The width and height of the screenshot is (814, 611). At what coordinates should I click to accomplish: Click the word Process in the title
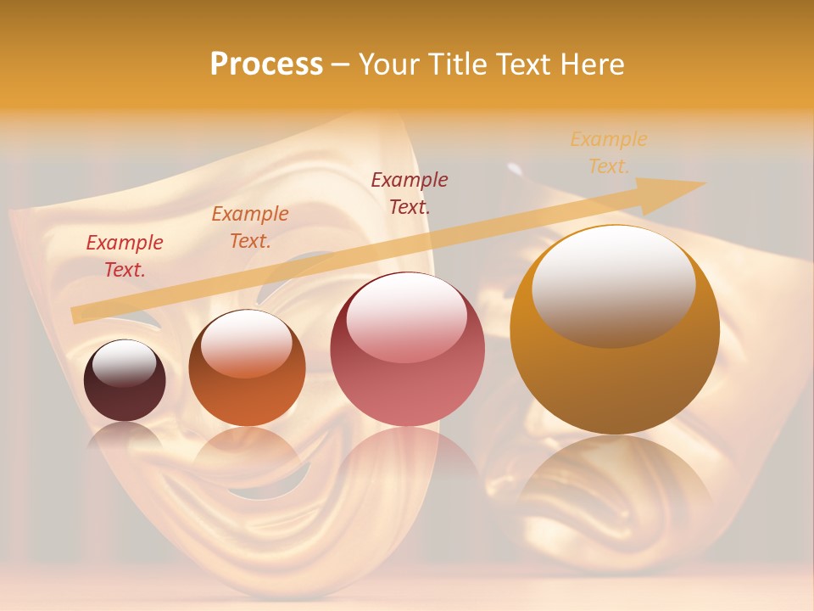266,64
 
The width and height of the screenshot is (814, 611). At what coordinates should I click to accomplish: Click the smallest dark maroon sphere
125,381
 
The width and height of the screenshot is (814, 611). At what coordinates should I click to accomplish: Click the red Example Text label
125,255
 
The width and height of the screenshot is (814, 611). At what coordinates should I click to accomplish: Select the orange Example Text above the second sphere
250,227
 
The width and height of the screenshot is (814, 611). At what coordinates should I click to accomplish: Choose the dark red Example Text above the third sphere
410,193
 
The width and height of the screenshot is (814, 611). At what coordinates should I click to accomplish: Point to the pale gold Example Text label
609,152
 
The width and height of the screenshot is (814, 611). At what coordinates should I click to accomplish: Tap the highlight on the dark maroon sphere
124,363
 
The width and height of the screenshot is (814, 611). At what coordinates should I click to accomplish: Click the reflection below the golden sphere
614,484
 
